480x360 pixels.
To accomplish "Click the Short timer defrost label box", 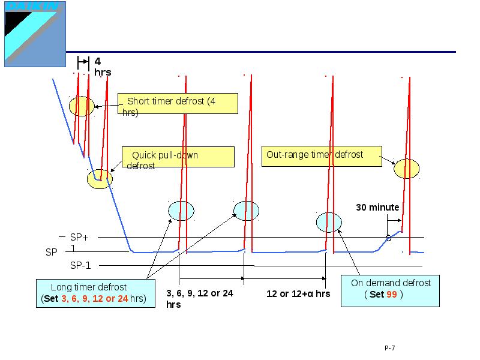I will pyautogui.click(x=178, y=103).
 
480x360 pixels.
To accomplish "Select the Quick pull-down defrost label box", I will pyautogui.click(x=178, y=158).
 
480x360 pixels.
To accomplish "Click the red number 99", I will pyautogui.click(x=391, y=295).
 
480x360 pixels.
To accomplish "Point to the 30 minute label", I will pyautogui.click(x=377, y=208).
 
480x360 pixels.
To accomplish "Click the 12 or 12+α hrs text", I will pyautogui.click(x=298, y=294).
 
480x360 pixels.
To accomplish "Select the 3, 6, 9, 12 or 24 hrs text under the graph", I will pyautogui.click(x=199, y=298).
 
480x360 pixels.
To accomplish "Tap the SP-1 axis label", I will pyautogui.click(x=80, y=265).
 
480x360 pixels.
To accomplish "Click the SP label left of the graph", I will pyautogui.click(x=52, y=253).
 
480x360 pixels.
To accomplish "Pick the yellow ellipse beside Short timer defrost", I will pyautogui.click(x=82, y=107).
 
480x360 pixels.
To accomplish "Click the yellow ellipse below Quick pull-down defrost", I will pyautogui.click(x=100, y=178).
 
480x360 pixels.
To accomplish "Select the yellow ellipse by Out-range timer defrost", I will pyautogui.click(x=407, y=169).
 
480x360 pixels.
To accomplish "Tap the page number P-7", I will pyautogui.click(x=390, y=348).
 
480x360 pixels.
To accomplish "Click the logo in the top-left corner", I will pyautogui.click(x=35, y=34).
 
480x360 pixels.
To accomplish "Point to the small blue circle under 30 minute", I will pyautogui.click(x=388, y=238).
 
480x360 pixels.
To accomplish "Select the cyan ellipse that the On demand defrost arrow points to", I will pyautogui.click(x=329, y=222).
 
